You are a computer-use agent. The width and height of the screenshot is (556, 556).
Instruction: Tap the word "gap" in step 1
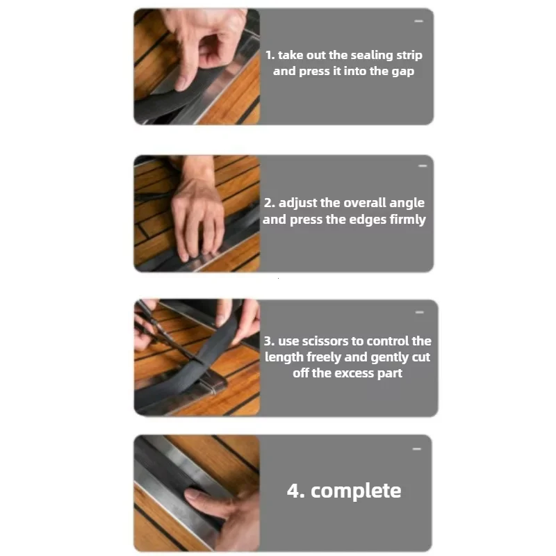click(x=403, y=72)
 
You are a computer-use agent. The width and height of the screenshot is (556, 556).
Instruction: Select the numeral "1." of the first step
click(x=270, y=56)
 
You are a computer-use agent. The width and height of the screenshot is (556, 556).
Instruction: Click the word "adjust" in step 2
click(x=297, y=203)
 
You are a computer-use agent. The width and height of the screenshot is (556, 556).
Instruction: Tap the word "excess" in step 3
click(x=354, y=373)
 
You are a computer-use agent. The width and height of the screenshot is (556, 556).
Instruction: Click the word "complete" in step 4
click(x=356, y=491)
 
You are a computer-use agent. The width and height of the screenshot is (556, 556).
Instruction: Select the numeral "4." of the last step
click(x=295, y=491)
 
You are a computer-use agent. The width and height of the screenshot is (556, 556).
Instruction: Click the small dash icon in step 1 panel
click(x=419, y=22)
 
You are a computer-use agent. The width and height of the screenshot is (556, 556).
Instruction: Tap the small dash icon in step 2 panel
click(x=423, y=166)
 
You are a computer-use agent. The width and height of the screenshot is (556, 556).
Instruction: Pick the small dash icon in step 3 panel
click(x=420, y=312)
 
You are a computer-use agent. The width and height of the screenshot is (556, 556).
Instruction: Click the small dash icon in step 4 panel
click(x=417, y=449)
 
